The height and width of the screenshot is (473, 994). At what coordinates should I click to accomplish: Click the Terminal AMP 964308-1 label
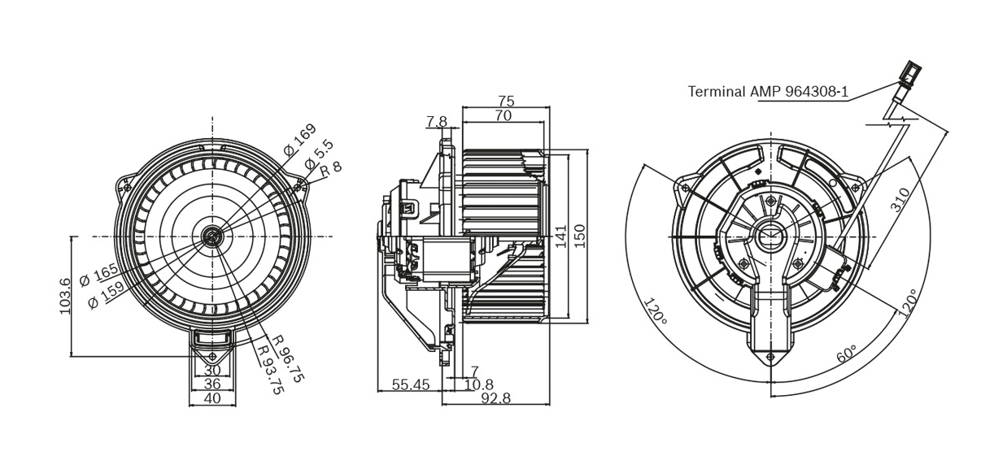768,92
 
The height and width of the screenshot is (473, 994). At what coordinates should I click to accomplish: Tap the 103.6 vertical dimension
66,294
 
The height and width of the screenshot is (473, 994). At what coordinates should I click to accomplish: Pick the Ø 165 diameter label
98,275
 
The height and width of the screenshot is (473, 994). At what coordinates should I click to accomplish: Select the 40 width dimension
211,398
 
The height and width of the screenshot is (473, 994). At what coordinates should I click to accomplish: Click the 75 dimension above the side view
506,102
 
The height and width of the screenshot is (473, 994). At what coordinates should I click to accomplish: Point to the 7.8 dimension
437,122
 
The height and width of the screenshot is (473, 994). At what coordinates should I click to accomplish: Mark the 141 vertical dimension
560,236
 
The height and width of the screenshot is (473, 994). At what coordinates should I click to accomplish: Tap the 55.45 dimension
411,385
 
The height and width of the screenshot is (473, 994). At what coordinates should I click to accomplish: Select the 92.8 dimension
496,398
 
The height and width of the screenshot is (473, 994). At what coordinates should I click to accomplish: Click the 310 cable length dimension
900,200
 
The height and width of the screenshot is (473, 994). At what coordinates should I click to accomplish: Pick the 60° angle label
847,356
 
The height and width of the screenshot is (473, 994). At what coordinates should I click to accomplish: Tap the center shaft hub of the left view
213,236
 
